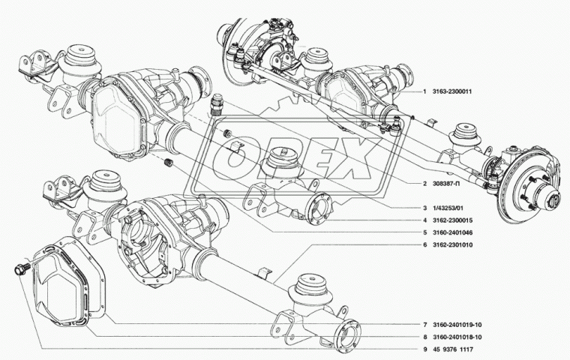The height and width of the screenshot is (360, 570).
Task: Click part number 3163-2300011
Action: click(x=451, y=91)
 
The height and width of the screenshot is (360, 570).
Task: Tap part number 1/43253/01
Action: click(x=448, y=208)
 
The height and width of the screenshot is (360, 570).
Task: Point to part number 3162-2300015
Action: click(x=452, y=220)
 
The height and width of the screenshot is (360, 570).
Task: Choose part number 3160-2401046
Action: click(x=452, y=232)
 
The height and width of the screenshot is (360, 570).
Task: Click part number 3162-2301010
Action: click(x=452, y=245)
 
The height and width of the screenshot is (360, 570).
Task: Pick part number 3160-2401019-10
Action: click(x=457, y=325)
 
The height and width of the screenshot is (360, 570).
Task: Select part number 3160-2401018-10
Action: click(x=457, y=337)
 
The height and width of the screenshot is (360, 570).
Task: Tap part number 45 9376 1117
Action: click(x=453, y=349)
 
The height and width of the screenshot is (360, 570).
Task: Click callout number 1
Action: click(x=424, y=91)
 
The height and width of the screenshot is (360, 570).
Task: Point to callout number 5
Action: click(x=424, y=232)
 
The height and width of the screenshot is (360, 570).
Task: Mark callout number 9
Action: click(x=424, y=349)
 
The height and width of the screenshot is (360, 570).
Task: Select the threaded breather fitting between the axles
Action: click(x=216, y=106)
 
